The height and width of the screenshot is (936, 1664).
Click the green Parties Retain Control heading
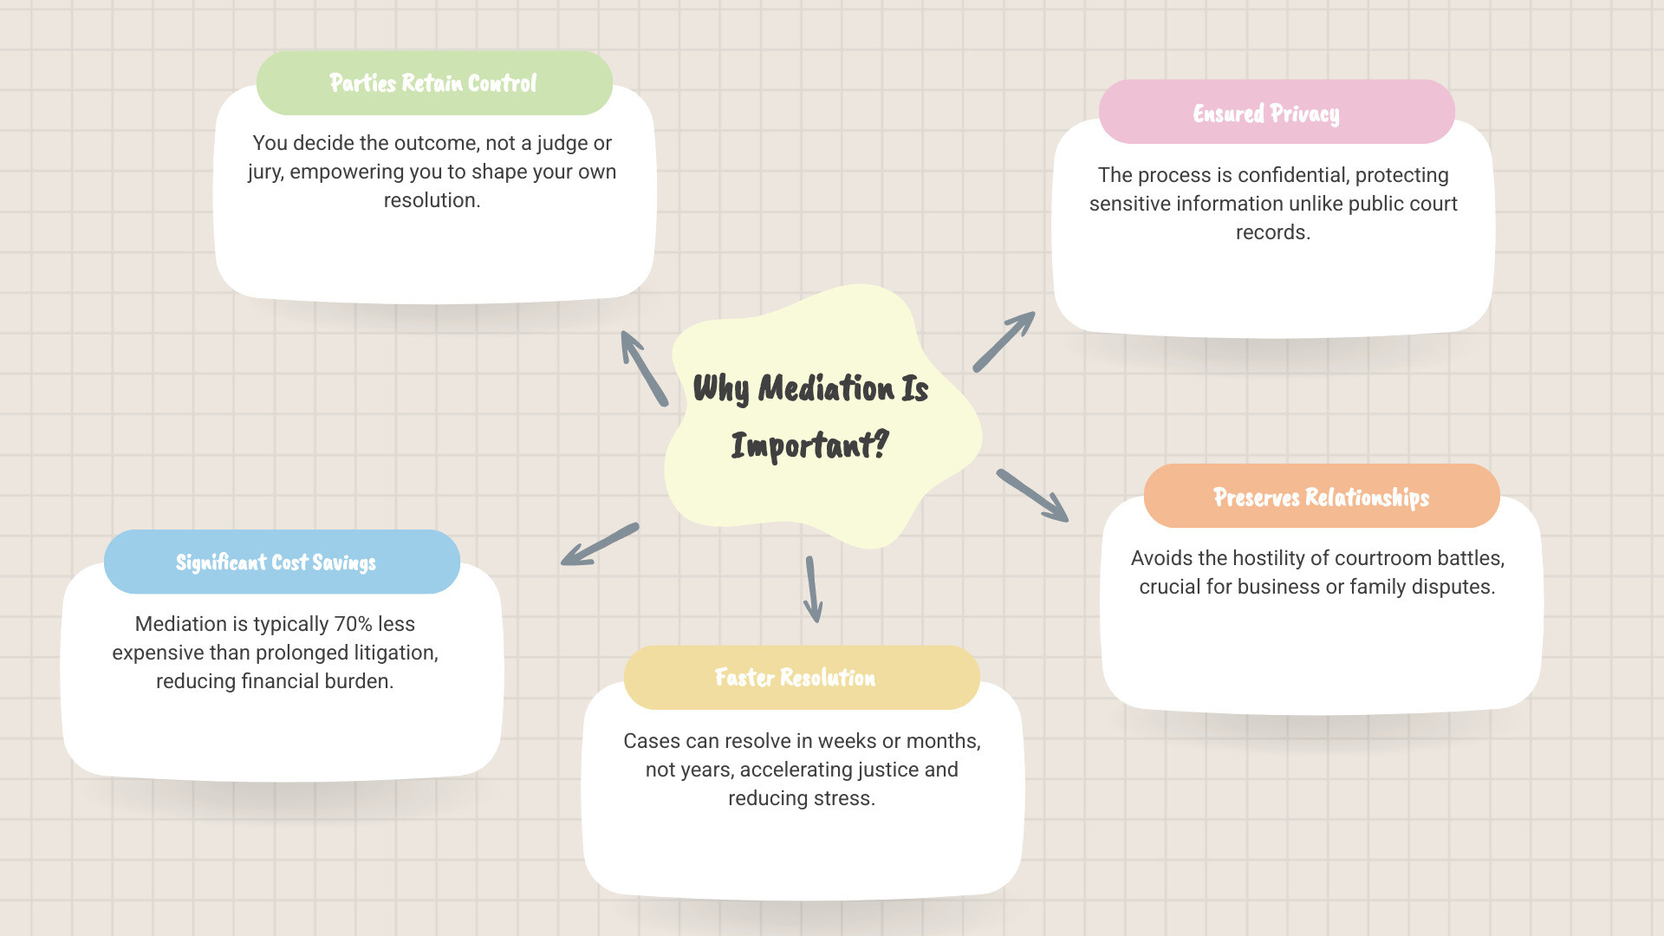(x=433, y=83)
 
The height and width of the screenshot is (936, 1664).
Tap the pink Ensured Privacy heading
(x=1266, y=114)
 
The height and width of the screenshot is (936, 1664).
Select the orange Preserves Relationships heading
(x=1321, y=497)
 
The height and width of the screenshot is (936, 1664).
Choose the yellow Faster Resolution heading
(x=795, y=678)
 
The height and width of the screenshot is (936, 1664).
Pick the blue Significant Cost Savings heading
(x=276, y=562)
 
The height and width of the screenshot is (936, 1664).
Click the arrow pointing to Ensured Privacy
(x=1004, y=341)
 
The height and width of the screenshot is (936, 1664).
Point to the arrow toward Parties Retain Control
(x=644, y=367)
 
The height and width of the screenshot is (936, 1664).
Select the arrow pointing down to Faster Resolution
(x=812, y=589)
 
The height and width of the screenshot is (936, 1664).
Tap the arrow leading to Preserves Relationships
(x=1032, y=496)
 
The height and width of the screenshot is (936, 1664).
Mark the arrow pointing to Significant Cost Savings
(x=600, y=544)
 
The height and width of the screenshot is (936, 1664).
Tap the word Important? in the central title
(x=809, y=445)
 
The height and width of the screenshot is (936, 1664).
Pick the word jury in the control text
(x=264, y=172)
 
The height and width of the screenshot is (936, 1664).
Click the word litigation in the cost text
(x=394, y=653)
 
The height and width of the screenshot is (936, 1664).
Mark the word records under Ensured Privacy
(x=1271, y=232)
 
